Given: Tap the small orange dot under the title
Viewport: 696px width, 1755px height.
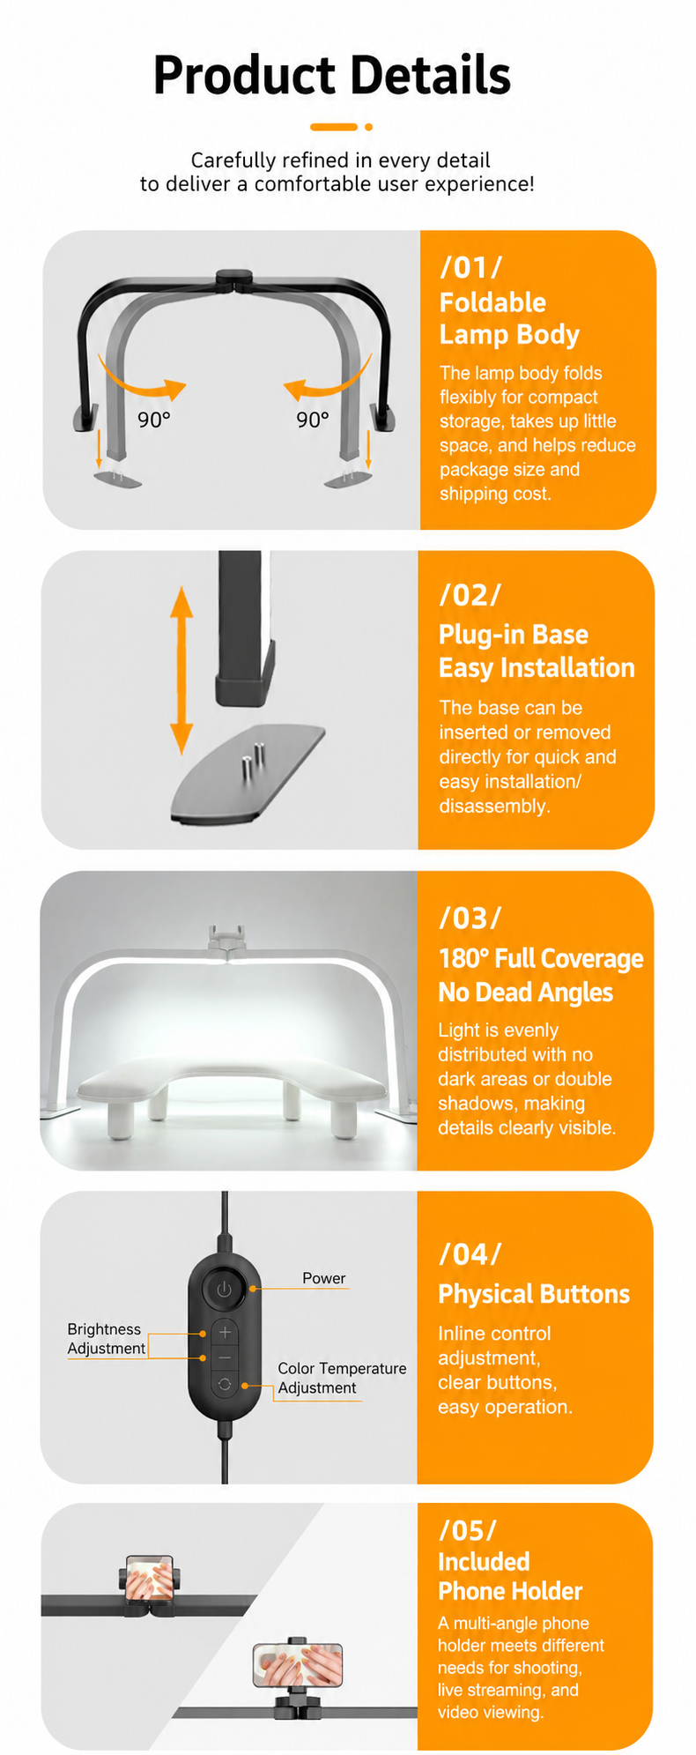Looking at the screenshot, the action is (368, 127).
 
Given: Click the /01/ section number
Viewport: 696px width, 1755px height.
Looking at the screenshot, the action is (471, 267).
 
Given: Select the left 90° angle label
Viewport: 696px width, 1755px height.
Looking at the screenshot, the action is (153, 420).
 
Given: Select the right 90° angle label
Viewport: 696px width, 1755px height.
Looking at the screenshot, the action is (313, 420).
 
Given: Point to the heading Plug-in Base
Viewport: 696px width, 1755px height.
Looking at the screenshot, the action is (514, 635).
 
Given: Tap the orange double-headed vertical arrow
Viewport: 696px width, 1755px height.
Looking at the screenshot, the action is (181, 670).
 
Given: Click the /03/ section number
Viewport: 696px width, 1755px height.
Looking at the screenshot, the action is (470, 918).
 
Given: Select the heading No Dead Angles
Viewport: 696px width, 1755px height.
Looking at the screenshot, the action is (526, 993).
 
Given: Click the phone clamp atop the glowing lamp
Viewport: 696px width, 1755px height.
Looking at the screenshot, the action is (227, 940).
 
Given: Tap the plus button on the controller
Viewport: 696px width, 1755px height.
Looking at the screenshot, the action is (225, 1332).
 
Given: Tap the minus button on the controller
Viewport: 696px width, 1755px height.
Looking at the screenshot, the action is (225, 1358).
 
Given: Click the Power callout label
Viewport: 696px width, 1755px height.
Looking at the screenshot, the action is (324, 1278).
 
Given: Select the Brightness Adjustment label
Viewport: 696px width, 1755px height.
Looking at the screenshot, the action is (107, 1339).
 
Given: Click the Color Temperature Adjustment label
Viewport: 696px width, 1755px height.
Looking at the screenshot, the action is (342, 1378).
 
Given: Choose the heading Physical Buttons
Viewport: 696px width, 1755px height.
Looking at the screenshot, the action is (534, 1294).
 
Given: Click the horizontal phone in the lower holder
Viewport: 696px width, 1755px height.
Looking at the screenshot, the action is (298, 1665).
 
